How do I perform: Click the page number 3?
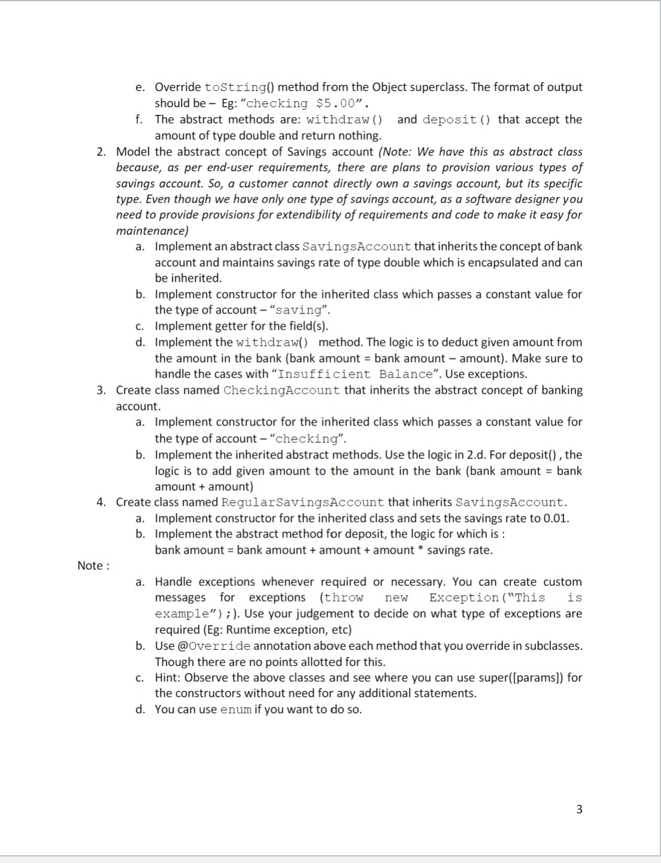click(x=578, y=809)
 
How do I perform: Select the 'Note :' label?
click(x=93, y=566)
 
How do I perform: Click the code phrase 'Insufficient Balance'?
click(x=354, y=374)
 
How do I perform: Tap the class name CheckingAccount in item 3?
click(x=281, y=390)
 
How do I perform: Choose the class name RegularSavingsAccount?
click(x=302, y=502)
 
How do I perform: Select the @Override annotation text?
click(x=214, y=646)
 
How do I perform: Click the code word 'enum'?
click(x=236, y=710)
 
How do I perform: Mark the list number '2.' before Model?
click(x=102, y=152)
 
